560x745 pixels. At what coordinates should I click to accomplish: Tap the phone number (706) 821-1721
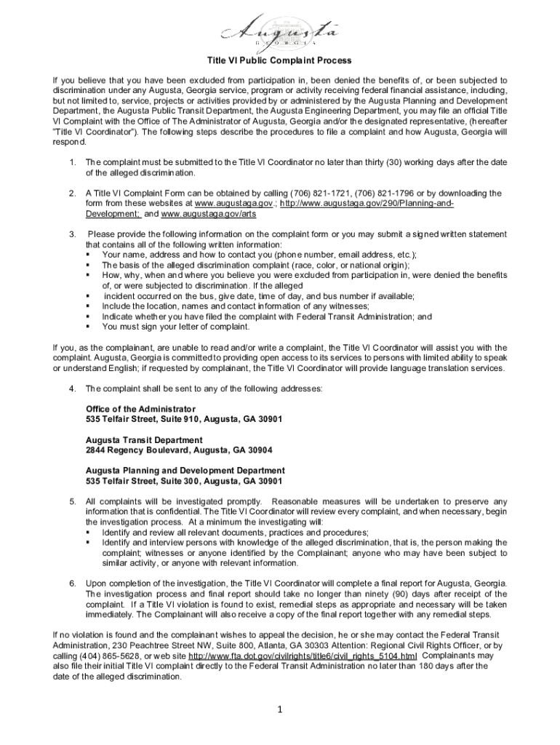click(x=298, y=194)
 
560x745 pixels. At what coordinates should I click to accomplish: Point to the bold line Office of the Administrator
click(x=140, y=409)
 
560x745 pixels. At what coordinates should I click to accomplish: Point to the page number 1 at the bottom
click(x=279, y=711)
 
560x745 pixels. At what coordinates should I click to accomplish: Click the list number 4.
click(x=73, y=389)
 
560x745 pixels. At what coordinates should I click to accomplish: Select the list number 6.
click(x=73, y=583)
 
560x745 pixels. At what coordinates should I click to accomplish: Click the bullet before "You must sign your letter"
click(x=88, y=327)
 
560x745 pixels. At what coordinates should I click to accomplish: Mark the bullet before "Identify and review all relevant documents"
click(x=88, y=533)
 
